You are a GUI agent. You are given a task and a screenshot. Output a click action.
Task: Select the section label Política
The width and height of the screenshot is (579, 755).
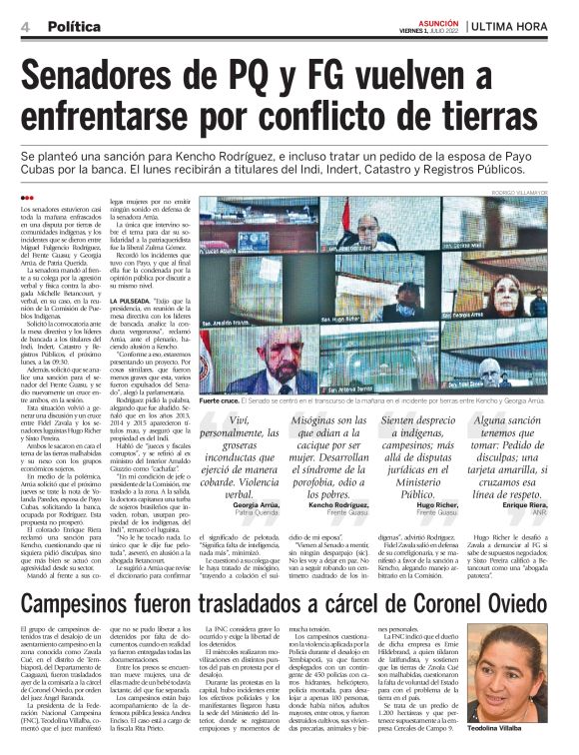[73, 23]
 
